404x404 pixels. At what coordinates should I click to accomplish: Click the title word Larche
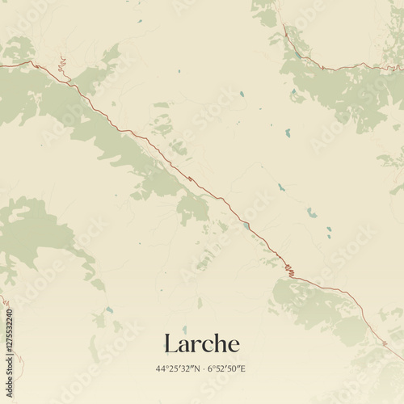(x=201, y=343)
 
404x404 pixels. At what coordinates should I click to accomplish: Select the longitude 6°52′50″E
(x=226, y=368)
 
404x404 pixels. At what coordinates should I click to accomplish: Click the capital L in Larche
(x=170, y=343)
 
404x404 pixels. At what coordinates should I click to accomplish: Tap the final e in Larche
(x=234, y=346)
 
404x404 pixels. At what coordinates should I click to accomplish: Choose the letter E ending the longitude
(x=244, y=368)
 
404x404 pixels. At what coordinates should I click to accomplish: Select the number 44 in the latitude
(x=162, y=368)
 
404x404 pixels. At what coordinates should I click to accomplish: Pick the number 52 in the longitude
(x=220, y=368)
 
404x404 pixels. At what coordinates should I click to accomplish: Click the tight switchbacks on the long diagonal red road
(x=288, y=268)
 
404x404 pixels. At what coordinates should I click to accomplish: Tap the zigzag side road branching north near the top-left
(x=61, y=65)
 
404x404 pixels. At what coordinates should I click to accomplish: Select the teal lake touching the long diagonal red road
(x=246, y=225)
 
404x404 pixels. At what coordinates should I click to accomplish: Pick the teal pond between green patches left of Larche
(x=108, y=309)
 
